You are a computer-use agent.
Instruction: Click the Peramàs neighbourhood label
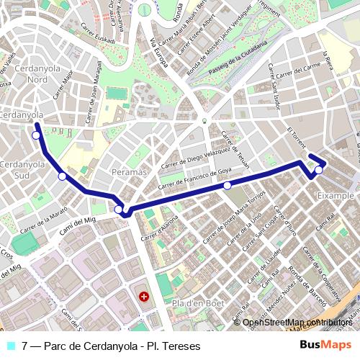click(x=130, y=173)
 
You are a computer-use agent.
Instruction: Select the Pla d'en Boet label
click(x=194, y=303)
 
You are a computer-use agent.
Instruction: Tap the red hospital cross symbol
click(x=144, y=296)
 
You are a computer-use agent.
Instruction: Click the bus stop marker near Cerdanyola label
click(x=36, y=135)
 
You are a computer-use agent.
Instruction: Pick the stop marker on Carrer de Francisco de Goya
click(x=227, y=186)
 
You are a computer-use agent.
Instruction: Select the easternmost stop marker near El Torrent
click(x=318, y=170)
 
